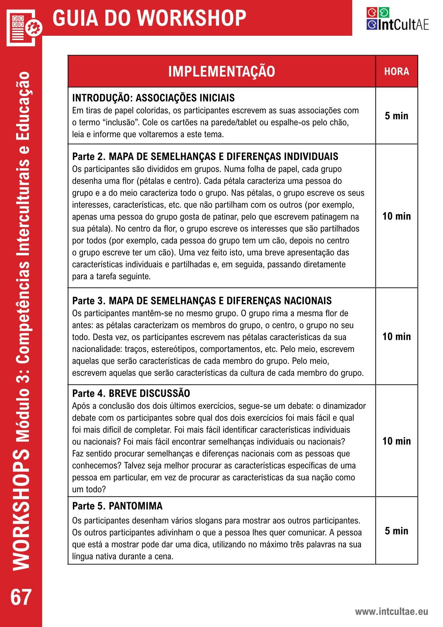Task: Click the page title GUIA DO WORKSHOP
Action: [149, 18]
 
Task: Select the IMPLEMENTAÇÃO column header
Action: [221, 72]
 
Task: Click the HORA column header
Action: [397, 72]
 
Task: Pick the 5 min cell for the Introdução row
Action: [397, 116]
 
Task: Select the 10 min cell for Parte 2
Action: [397, 216]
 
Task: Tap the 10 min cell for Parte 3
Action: [397, 337]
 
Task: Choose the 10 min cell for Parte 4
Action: [397, 441]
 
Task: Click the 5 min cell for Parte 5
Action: [397, 531]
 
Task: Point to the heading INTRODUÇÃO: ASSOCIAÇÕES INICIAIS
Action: [153, 98]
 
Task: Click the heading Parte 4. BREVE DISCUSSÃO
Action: [131, 393]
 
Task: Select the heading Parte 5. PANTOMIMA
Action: [117, 506]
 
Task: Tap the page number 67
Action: [21, 598]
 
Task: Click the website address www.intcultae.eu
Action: [391, 612]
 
